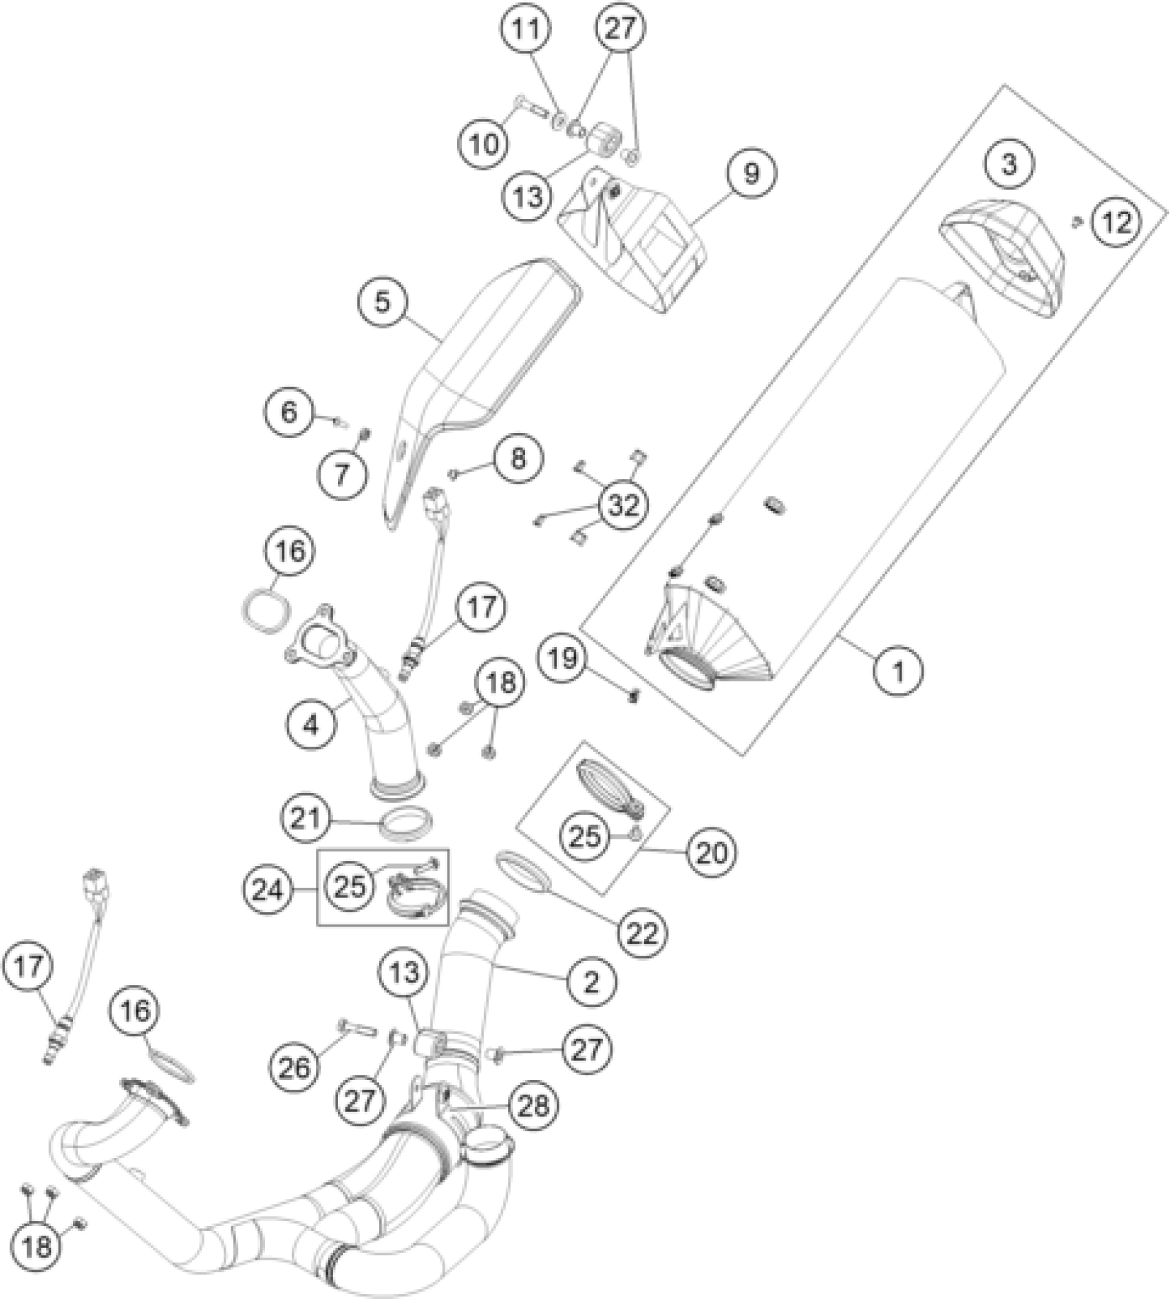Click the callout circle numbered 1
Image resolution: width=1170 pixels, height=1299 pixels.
[x=899, y=669]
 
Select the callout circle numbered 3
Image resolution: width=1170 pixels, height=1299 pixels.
[x=1009, y=165]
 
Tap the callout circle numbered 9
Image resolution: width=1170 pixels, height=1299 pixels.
[x=752, y=173]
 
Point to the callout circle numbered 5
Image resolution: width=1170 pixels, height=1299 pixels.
[x=383, y=302]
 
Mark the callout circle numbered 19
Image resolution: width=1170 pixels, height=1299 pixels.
[x=563, y=658]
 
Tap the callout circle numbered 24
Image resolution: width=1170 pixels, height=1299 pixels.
[x=268, y=891]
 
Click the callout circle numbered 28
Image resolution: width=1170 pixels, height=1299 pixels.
[x=534, y=1106]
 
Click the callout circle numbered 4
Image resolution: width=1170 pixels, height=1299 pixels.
[x=312, y=724]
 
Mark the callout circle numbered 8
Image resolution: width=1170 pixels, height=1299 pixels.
[x=518, y=458]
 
